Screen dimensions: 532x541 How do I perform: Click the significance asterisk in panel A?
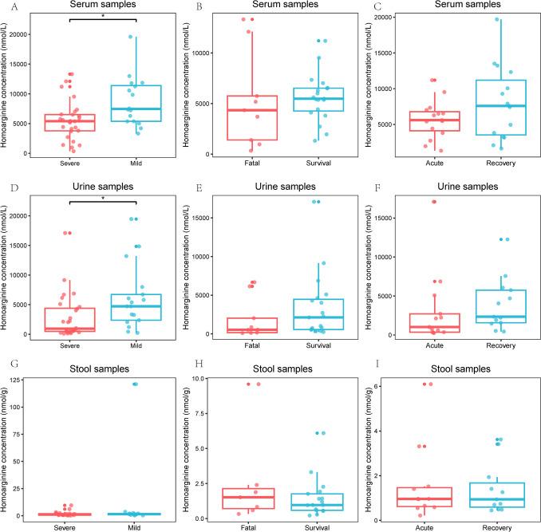[103, 15]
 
